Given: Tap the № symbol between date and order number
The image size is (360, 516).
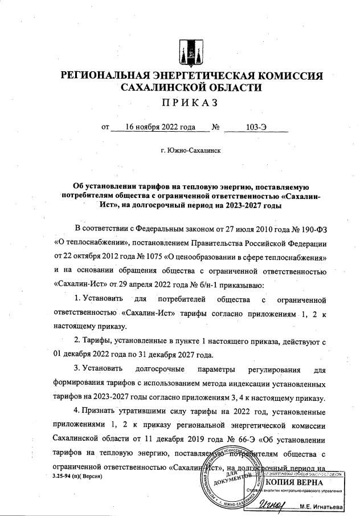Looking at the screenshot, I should (x=216, y=127).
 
